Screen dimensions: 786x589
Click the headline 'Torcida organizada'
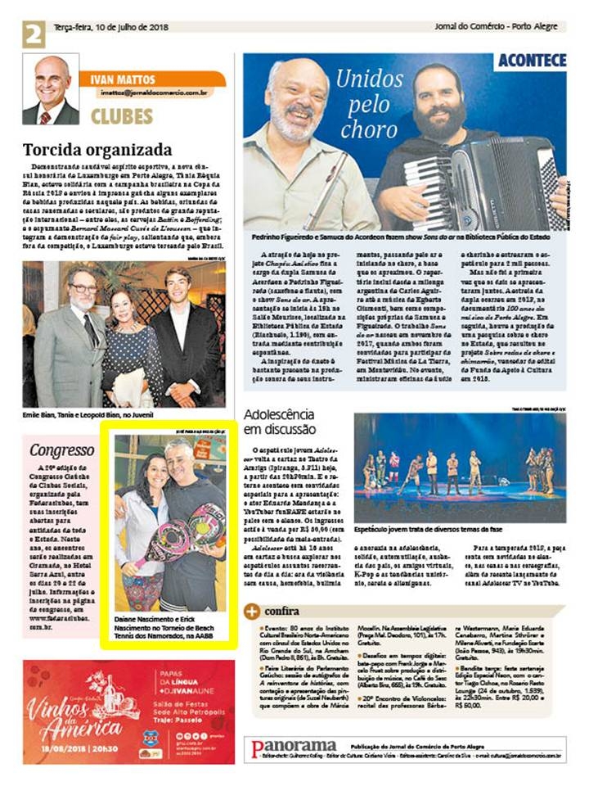coord(97,150)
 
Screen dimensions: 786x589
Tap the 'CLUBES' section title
coord(121,116)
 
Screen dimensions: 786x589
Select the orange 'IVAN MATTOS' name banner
coord(151,79)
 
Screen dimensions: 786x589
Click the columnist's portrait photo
coord(51,89)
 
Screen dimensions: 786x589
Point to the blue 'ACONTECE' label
coord(532,61)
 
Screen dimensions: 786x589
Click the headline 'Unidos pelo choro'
coord(370,104)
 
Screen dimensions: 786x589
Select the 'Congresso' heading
coord(62,449)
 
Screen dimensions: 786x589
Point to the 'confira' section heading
coord(282,611)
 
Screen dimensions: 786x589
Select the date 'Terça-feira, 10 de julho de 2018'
coord(106,26)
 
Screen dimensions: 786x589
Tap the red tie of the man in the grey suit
coord(88,330)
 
